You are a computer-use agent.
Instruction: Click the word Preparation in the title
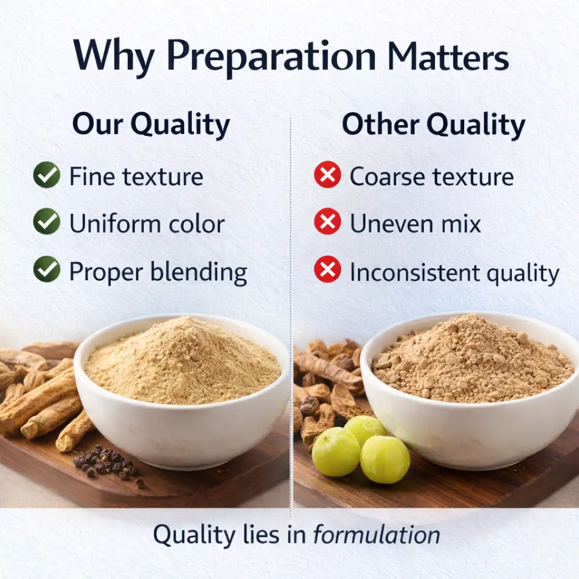click(271, 58)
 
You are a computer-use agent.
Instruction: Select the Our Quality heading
click(151, 125)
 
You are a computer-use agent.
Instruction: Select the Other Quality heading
click(434, 125)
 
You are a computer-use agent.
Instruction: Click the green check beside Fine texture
click(46, 175)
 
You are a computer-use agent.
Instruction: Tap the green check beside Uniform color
click(46, 222)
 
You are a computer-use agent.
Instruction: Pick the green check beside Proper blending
click(46, 269)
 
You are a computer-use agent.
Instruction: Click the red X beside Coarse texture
click(327, 175)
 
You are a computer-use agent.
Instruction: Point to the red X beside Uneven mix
click(327, 222)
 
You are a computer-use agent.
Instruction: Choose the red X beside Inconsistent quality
click(327, 269)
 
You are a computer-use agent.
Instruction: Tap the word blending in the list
click(199, 273)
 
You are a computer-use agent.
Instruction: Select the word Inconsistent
click(414, 273)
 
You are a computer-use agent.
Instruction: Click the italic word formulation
click(377, 535)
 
